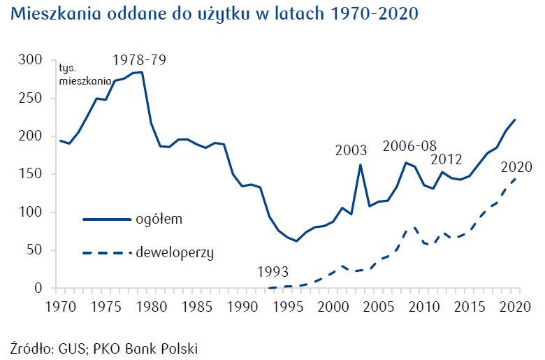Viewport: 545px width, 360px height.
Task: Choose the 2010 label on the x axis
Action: pyautogui.click(x=424, y=305)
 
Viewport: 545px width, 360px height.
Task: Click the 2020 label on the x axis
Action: pyautogui.click(x=515, y=305)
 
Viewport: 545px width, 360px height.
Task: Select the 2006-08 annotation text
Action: pyautogui.click(x=409, y=146)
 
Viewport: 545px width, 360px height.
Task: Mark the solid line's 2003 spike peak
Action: pyautogui.click(x=360, y=165)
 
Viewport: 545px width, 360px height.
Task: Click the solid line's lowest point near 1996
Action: pyautogui.click(x=296, y=241)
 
